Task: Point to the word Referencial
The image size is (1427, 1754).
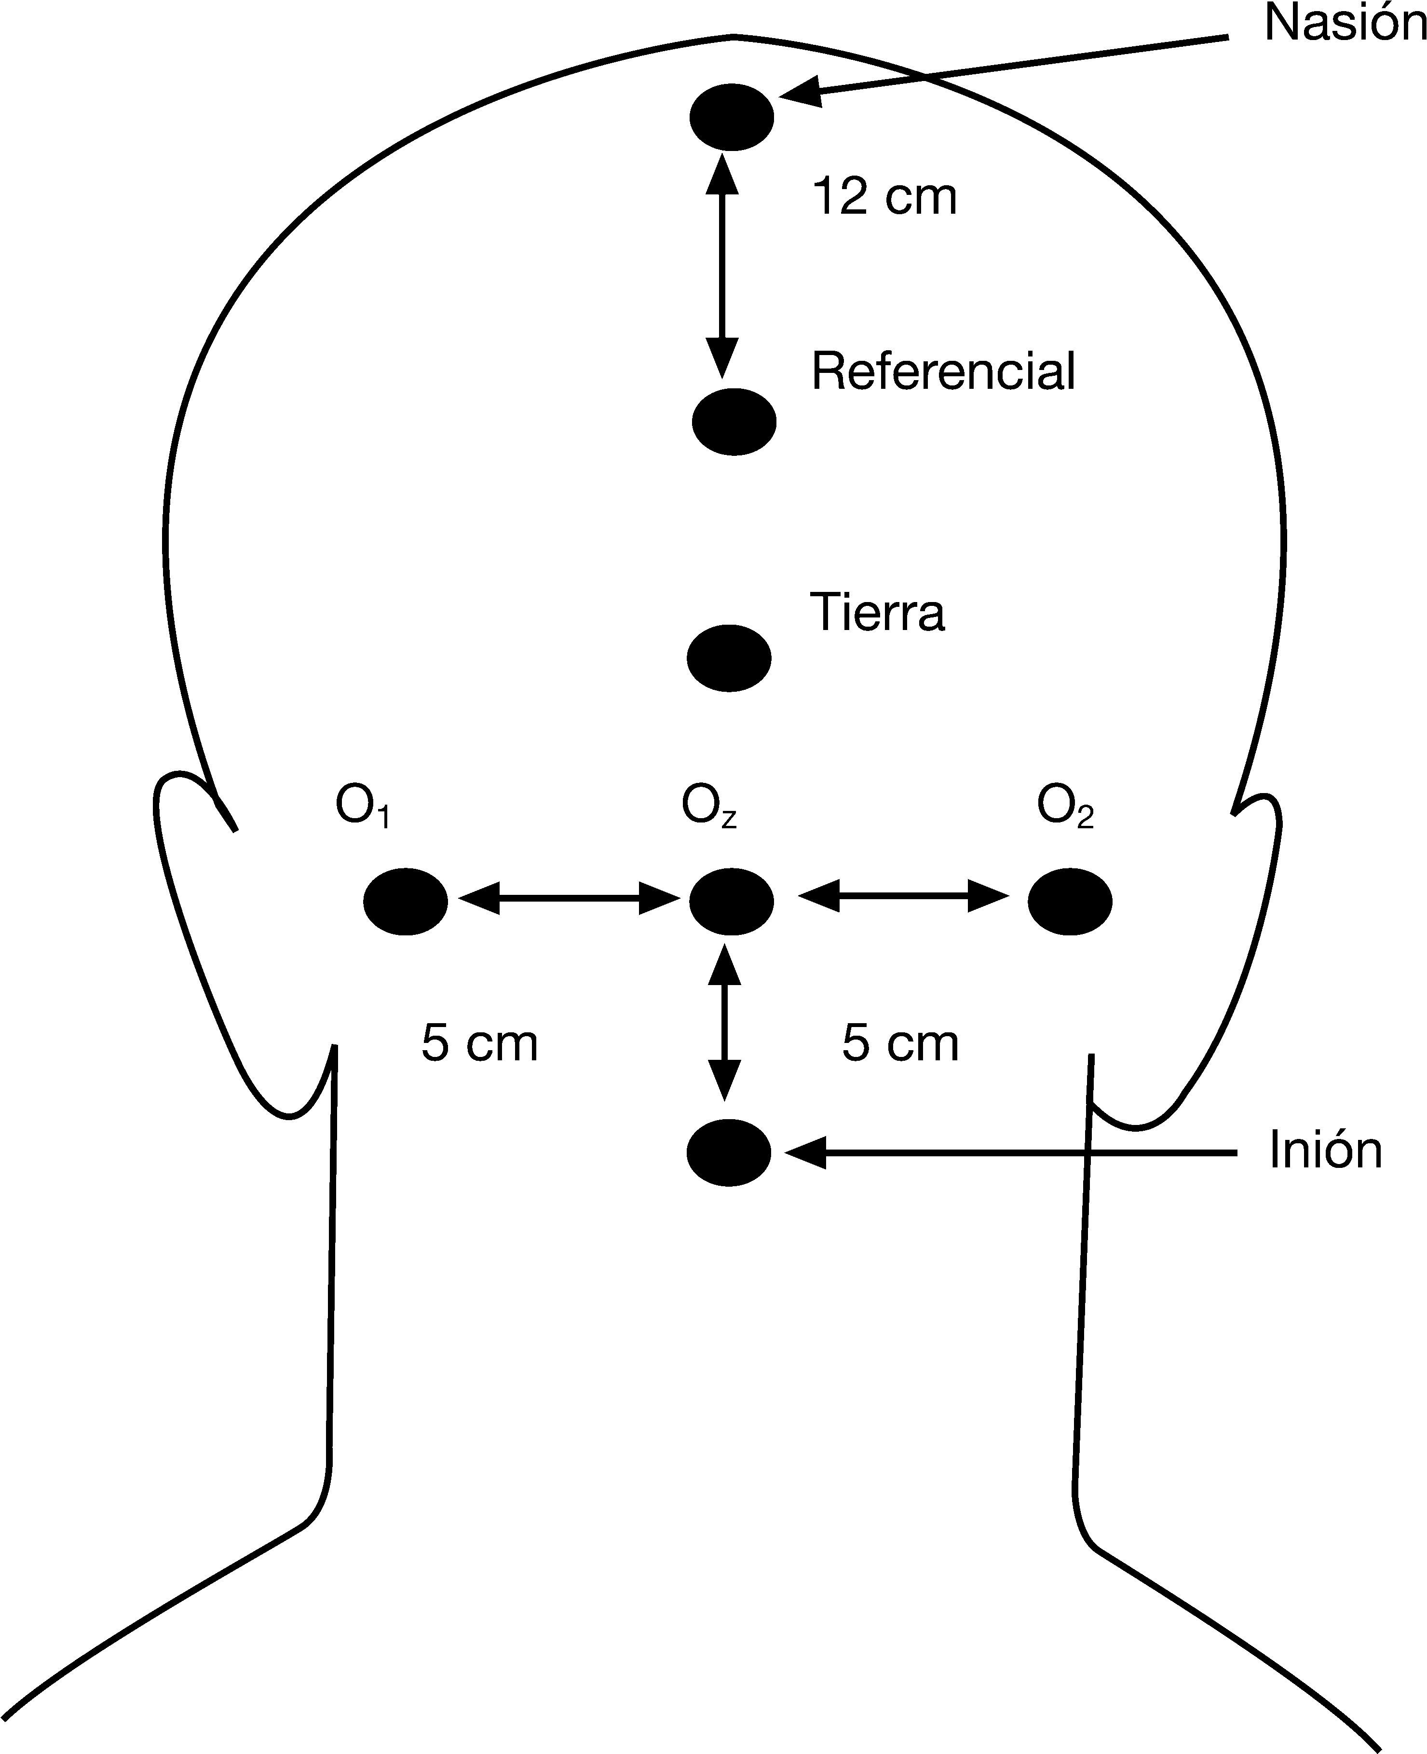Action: (943, 371)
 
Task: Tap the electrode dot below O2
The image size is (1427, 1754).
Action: (1070, 901)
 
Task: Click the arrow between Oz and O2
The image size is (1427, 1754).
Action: (903, 895)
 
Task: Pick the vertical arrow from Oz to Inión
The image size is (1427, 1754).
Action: (724, 1022)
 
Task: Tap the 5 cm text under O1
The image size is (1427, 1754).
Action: (479, 1044)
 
